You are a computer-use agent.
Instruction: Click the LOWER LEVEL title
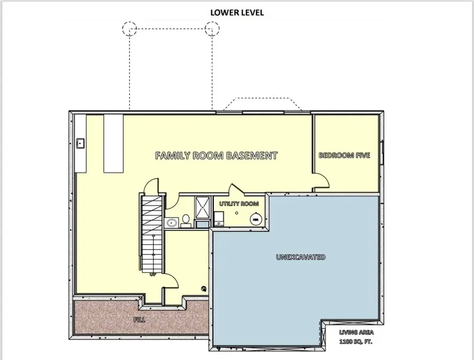point(237,13)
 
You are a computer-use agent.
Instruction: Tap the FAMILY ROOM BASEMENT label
point(216,155)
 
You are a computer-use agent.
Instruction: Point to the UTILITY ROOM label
point(235,203)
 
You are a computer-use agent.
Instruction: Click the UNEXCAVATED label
point(301,257)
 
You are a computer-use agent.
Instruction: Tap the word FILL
point(139,319)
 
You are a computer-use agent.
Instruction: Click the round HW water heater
point(255,219)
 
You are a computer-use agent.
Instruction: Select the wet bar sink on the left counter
point(81,143)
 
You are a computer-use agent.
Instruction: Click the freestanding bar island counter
point(113,143)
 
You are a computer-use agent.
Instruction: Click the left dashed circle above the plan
point(130,28)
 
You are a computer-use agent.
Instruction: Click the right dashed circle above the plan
point(212,28)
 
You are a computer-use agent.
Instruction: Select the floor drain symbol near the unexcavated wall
point(204,288)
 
